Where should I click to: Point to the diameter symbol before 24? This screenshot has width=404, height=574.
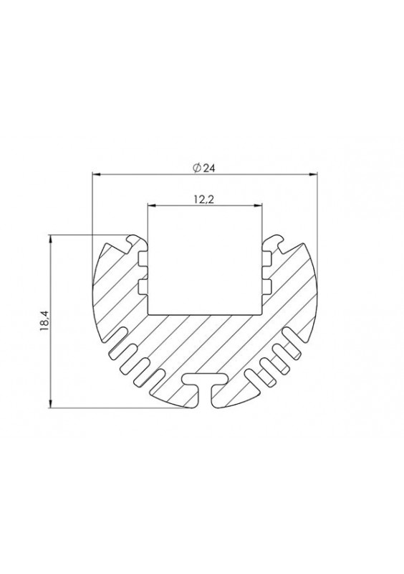point(196,168)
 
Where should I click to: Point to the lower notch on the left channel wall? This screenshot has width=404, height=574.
point(143,287)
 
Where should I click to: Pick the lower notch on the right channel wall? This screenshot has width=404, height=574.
point(266,287)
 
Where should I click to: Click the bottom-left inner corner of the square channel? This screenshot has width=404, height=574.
point(148,313)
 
